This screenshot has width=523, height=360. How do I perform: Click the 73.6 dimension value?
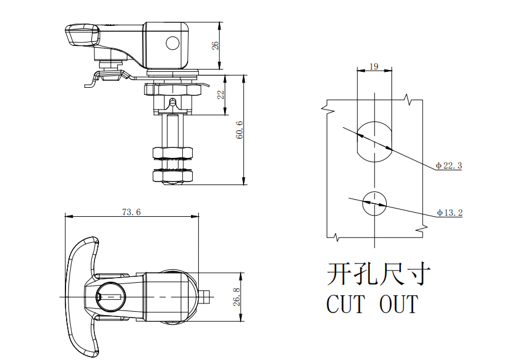131,212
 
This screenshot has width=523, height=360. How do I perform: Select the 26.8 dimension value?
236,297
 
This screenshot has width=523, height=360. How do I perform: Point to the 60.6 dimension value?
239,130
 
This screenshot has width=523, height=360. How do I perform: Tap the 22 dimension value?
221,95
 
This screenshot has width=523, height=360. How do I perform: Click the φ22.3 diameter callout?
449,166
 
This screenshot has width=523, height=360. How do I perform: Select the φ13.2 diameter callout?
449,213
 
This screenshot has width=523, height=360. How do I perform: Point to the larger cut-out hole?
374,141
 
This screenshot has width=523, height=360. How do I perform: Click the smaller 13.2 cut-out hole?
374,203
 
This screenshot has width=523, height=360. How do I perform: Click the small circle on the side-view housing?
172,43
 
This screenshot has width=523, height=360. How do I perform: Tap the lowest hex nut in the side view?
172,176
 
